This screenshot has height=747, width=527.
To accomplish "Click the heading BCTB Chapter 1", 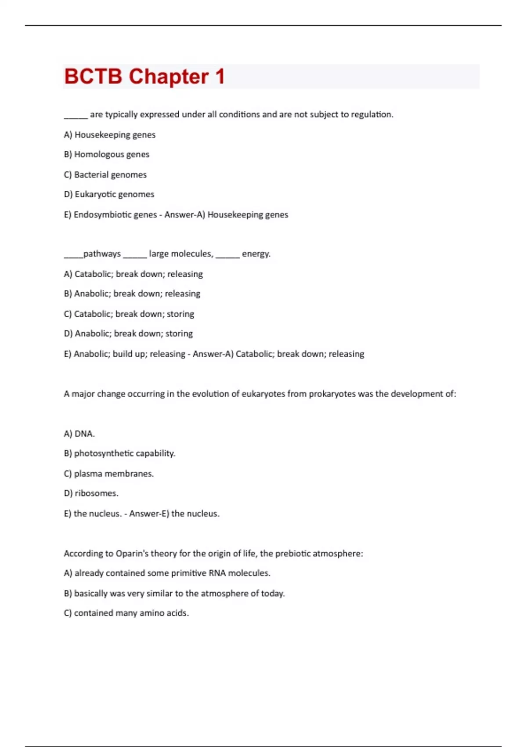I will (144, 76).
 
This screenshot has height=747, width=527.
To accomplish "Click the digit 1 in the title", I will (220, 76).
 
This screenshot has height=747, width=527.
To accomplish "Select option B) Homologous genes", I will (106, 154).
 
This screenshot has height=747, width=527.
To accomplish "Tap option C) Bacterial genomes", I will (105, 174).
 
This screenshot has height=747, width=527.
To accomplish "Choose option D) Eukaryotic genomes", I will (109, 194).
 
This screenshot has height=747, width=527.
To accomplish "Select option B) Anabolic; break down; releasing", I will (132, 294).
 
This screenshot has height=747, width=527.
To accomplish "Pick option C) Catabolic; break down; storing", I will (129, 314).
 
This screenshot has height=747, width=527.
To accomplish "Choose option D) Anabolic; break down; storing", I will (128, 334).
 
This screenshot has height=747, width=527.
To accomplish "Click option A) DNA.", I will (79, 434).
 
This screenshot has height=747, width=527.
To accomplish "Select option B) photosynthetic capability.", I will (119, 453).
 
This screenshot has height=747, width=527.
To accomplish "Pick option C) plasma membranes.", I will (108, 474).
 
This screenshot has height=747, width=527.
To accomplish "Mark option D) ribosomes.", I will (91, 493).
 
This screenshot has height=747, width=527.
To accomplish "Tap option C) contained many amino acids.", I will (126, 613).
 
